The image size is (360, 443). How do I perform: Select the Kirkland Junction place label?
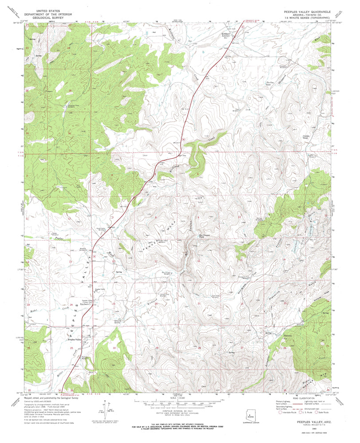click(x=229, y=35)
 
